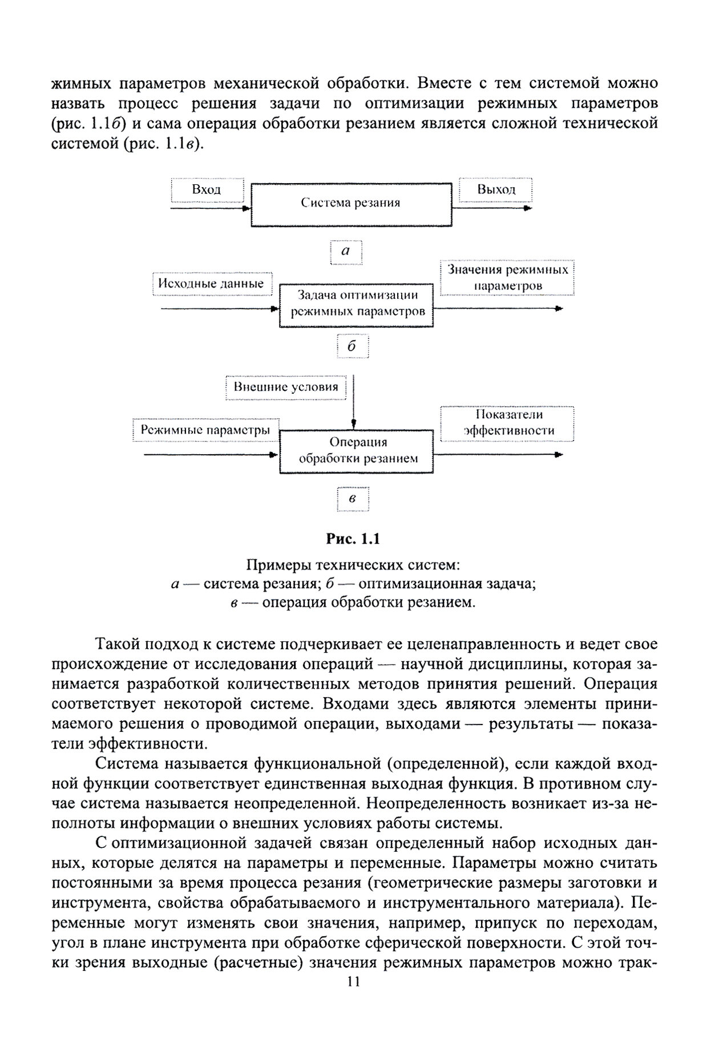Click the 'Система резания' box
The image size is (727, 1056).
click(x=352, y=204)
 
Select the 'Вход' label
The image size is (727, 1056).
click(x=207, y=190)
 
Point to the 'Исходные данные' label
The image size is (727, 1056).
click(x=211, y=284)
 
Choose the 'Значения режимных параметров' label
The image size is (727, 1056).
click(x=507, y=277)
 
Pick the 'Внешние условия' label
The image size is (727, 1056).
click(x=285, y=387)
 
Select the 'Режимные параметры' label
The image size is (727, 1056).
click(x=205, y=430)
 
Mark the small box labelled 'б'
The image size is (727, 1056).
click(x=352, y=347)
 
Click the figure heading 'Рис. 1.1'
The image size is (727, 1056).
click(x=353, y=539)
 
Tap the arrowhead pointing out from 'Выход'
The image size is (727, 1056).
click(x=528, y=208)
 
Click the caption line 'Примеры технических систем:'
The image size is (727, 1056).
click(x=353, y=565)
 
